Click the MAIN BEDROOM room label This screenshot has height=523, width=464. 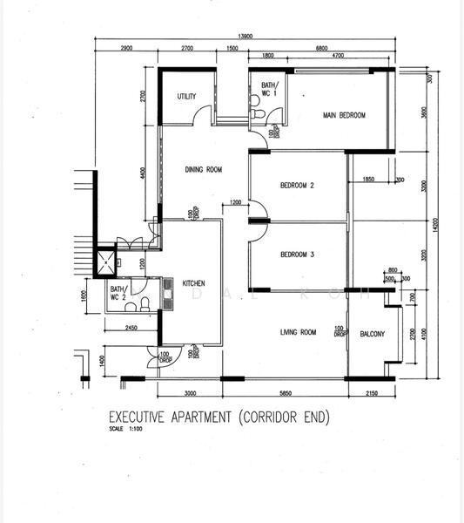pos(344,115)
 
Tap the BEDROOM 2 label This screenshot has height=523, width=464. pos(297,186)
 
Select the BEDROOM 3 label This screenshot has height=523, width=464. pos(297,255)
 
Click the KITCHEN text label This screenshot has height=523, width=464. pos(193,283)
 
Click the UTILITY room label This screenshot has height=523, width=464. pos(186,97)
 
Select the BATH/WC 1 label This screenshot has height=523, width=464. pos(267,89)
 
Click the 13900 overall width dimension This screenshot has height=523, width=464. pos(246,36)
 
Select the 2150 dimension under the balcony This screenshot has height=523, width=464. pos(372,393)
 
